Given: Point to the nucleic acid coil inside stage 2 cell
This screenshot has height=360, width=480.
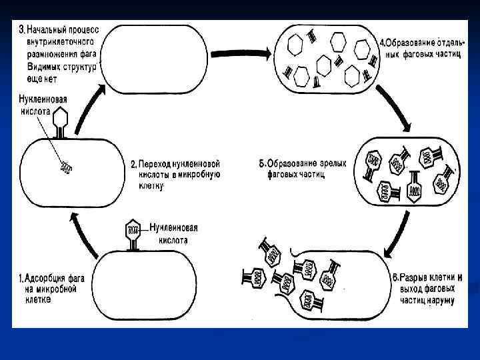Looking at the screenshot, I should coord(66,167).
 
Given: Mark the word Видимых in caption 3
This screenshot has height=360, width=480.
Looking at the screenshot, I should coord(47,68).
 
